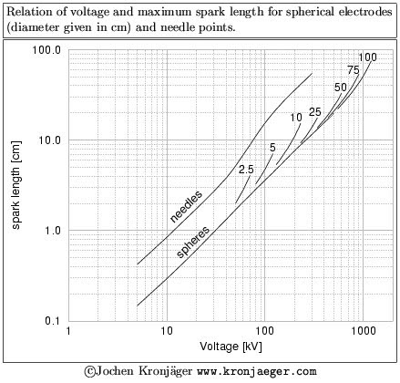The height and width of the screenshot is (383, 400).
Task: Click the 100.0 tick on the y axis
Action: [x=46, y=50]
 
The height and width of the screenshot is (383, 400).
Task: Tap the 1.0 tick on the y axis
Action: [x=52, y=231]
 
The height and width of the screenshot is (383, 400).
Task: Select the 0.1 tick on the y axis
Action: [x=52, y=321]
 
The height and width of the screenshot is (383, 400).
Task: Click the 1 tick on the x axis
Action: [x=68, y=333]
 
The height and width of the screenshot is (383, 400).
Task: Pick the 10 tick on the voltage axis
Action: [x=167, y=333]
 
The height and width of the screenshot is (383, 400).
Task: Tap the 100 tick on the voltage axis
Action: [x=265, y=333]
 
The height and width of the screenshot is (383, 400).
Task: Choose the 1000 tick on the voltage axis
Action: [x=364, y=333]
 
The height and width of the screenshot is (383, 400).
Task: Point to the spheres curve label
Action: [x=192, y=241]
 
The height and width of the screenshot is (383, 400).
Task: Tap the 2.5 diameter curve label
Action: [x=246, y=170]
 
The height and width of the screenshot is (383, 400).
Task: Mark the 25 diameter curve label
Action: [x=315, y=112]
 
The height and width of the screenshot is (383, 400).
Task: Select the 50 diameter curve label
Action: [x=340, y=88]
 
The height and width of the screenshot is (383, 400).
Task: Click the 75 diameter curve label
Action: [x=354, y=70]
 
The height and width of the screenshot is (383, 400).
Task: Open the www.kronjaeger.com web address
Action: [x=256, y=372]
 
